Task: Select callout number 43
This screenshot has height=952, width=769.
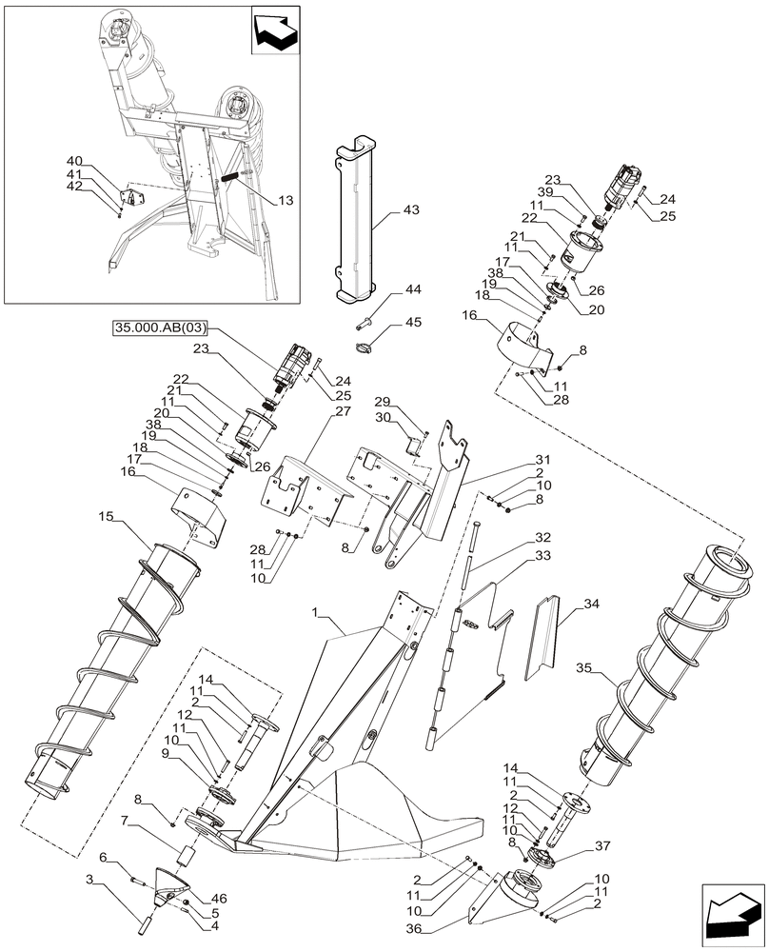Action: (x=412, y=209)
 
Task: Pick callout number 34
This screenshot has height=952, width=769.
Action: (x=591, y=603)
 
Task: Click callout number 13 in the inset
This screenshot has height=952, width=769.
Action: (x=286, y=201)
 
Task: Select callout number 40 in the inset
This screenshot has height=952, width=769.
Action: (x=74, y=162)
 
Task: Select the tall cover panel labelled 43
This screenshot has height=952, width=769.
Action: (x=353, y=215)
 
